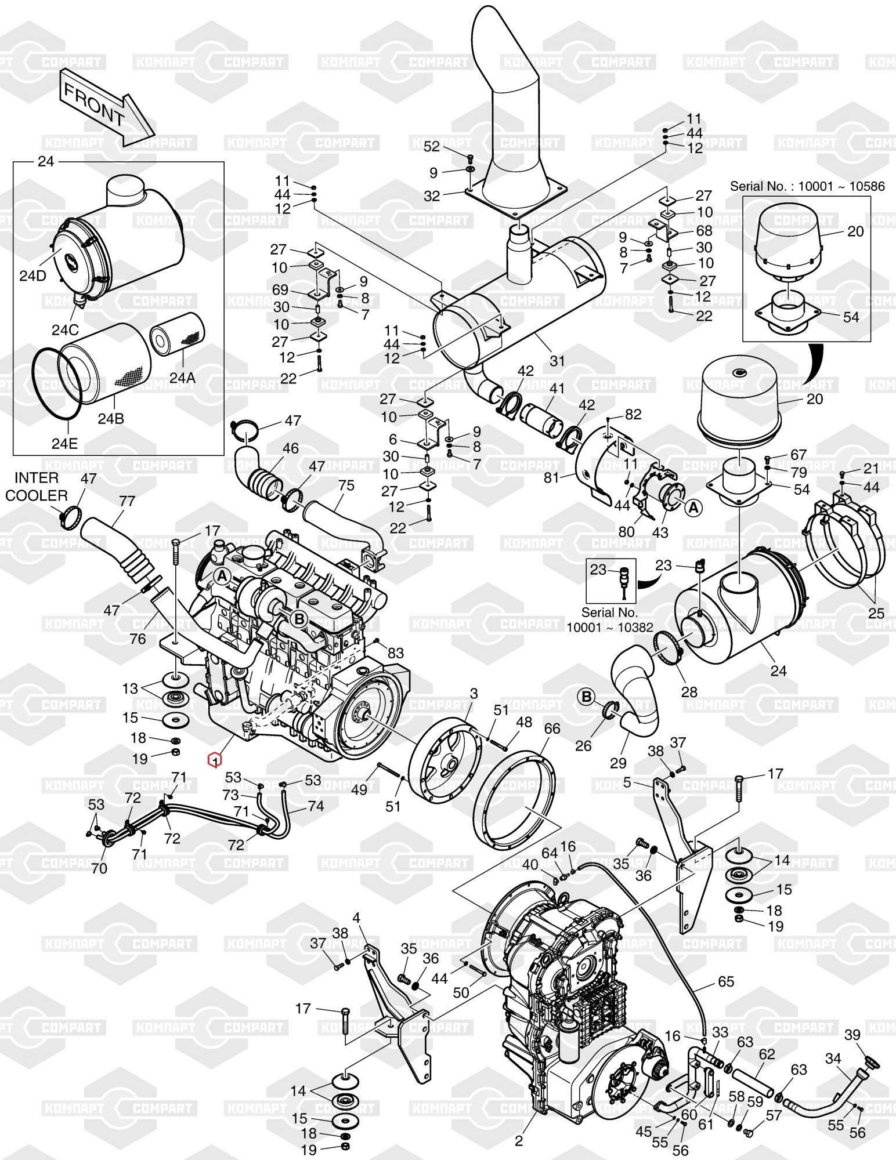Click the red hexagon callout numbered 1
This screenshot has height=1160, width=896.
[x=215, y=759]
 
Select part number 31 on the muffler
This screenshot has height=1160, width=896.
[x=557, y=361]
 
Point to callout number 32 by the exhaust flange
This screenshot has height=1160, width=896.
[x=432, y=196]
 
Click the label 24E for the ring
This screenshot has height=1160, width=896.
[x=64, y=444]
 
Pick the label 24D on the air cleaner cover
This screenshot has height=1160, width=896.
[x=32, y=275]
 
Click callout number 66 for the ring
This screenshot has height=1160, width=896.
[x=552, y=728]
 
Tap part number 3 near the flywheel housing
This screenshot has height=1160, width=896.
[x=474, y=693]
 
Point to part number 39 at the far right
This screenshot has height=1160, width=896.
[x=868, y=1035]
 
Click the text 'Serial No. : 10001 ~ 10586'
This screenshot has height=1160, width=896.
[x=807, y=186]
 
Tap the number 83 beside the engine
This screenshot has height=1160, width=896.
[x=395, y=652]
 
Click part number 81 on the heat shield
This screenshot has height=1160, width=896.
[x=551, y=477]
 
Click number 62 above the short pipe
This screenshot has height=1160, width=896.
[x=767, y=1053]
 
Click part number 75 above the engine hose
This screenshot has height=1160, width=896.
[x=346, y=485]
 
